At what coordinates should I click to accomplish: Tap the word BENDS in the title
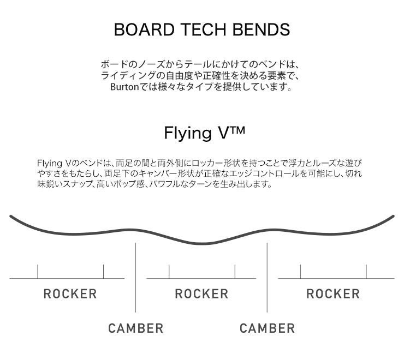pyautogui.click(x=264, y=29)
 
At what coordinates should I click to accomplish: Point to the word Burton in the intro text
pyautogui.click(x=124, y=87)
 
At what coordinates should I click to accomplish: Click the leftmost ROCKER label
pyautogui.click(x=70, y=294)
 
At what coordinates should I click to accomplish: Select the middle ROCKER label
pyautogui.click(x=201, y=294)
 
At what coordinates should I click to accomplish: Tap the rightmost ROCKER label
pyautogui.click(x=333, y=294)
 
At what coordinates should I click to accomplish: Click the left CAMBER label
pyautogui.click(x=136, y=328)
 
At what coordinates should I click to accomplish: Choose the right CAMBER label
pyautogui.click(x=268, y=328)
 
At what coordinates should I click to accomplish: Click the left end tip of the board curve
pyautogui.click(x=11, y=217)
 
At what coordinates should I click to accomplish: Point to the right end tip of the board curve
pyautogui.click(x=393, y=217)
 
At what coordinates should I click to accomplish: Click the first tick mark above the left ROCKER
pyautogui.click(x=38, y=271)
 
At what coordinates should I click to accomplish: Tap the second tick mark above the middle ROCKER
pyautogui.click(x=235, y=271)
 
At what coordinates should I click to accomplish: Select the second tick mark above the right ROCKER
pyautogui.click(x=366, y=271)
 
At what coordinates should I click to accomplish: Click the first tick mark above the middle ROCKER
pyautogui.click(x=169, y=271)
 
